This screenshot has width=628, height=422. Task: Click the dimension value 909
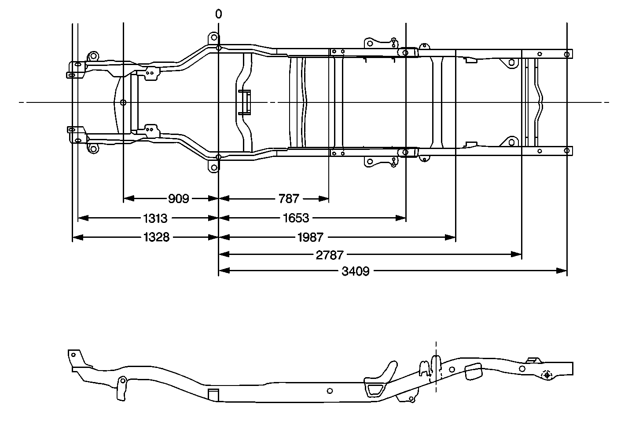(178, 199)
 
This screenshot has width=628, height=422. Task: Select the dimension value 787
(289, 199)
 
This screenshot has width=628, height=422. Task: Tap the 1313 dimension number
(155, 218)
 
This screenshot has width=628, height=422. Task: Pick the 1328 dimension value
(156, 237)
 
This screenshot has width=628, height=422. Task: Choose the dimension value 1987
(310, 237)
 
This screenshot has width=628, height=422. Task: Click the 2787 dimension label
(330, 255)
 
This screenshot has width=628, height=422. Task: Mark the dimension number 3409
(355, 271)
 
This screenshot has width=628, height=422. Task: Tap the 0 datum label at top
(218, 14)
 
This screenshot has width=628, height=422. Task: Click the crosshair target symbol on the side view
(547, 375)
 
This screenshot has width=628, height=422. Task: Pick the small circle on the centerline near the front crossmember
(123, 102)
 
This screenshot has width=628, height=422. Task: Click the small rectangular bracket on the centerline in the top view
(245, 102)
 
